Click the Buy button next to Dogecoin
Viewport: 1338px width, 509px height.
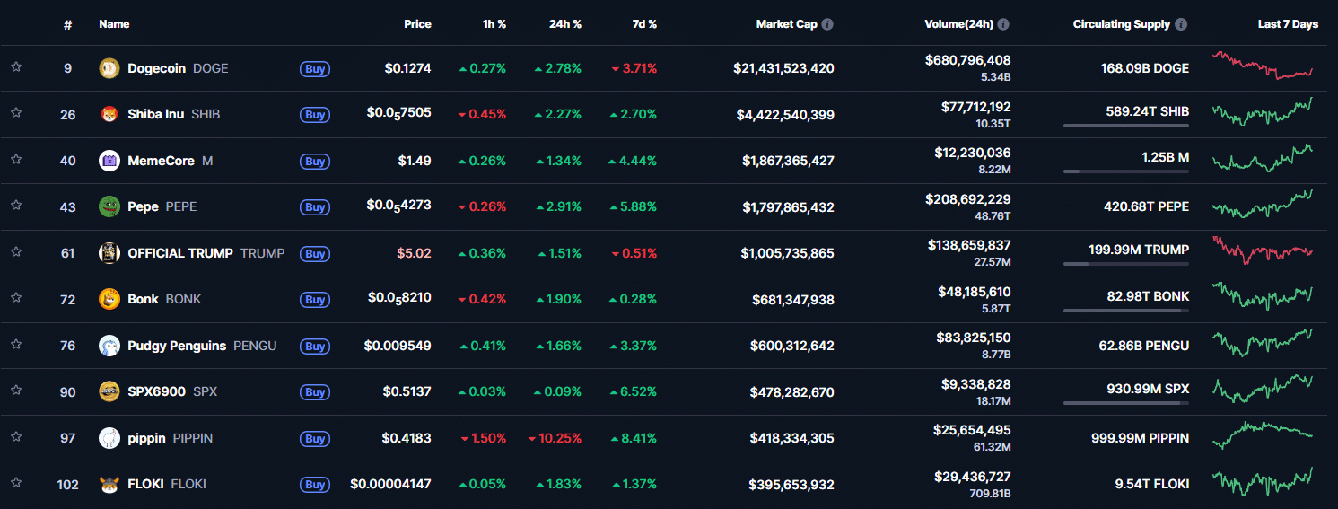tap(314, 68)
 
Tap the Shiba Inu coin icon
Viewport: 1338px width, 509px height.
tap(109, 114)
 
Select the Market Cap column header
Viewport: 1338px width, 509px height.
tap(786, 24)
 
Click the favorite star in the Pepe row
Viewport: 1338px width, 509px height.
tap(16, 206)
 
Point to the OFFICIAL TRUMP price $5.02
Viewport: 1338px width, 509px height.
tap(415, 253)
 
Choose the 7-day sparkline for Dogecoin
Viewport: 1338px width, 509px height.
tap(1262, 66)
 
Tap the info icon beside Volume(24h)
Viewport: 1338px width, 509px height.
tap(1003, 24)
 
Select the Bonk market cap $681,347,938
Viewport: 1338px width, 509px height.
tap(792, 299)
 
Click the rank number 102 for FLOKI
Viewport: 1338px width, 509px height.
tap(67, 484)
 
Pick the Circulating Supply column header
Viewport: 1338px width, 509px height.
tap(1121, 24)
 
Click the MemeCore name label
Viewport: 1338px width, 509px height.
tap(161, 161)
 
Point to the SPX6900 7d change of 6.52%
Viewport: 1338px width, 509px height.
tap(638, 391)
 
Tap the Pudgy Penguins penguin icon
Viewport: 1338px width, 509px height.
tap(109, 346)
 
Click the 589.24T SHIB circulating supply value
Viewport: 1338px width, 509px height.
tap(1147, 112)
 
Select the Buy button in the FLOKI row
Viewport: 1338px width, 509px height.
tap(314, 485)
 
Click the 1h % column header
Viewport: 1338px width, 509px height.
tap(494, 24)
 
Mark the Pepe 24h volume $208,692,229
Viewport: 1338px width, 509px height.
tap(967, 199)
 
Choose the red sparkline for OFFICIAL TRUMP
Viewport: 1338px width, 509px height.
tap(1262, 250)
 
